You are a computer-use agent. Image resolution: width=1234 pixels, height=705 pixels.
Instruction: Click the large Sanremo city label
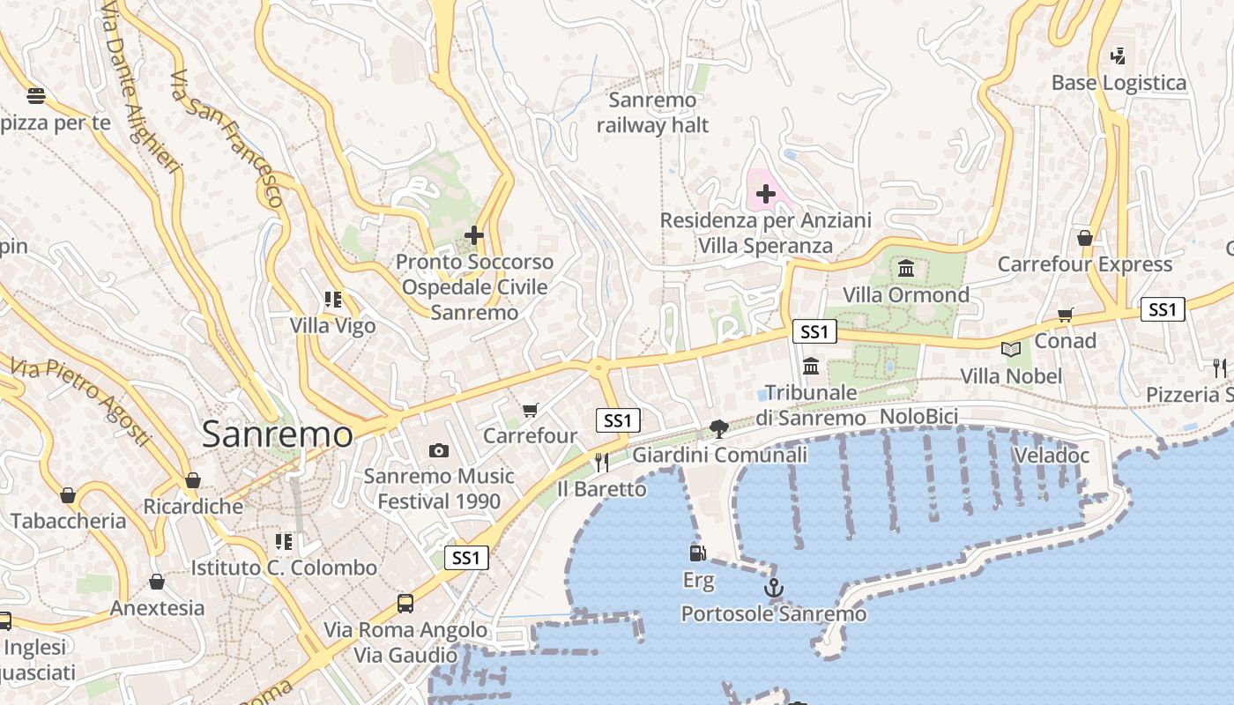pyautogui.click(x=277, y=434)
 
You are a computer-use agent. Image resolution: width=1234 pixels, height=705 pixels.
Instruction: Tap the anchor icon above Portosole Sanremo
pyautogui.click(x=774, y=587)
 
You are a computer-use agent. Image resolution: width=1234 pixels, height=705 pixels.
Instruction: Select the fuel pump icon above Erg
pyautogui.click(x=697, y=553)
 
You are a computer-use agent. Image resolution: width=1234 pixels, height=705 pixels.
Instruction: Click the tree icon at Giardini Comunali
pyautogui.click(x=719, y=429)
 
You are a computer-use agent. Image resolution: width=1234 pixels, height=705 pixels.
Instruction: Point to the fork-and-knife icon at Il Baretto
pyautogui.click(x=602, y=462)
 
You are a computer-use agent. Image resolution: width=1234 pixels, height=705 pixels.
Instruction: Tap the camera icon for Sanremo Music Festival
pyautogui.click(x=438, y=450)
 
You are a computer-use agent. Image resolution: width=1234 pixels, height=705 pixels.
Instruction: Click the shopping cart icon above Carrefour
pyautogui.click(x=530, y=410)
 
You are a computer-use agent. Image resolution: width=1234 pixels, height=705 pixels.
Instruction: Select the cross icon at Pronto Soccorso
pyautogui.click(x=474, y=235)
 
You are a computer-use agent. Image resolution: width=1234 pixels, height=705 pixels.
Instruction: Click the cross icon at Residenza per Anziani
pyautogui.click(x=766, y=193)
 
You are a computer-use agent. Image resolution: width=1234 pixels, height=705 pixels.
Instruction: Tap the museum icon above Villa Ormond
pyautogui.click(x=906, y=268)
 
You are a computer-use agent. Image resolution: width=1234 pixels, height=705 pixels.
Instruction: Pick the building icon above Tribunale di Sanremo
pyautogui.click(x=811, y=366)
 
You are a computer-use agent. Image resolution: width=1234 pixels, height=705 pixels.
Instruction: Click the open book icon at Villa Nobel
pyautogui.click(x=1011, y=350)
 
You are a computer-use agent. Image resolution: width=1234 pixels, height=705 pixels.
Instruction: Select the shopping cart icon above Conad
pyautogui.click(x=1066, y=315)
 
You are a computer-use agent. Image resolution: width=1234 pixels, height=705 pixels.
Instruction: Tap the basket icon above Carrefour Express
pyautogui.click(x=1085, y=238)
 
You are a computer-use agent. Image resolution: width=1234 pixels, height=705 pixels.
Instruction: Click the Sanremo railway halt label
pyautogui.click(x=652, y=113)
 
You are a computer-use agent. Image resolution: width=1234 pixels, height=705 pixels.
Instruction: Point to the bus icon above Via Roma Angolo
pyautogui.click(x=405, y=604)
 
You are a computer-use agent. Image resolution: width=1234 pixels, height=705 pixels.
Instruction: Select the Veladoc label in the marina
pyautogui.click(x=1052, y=456)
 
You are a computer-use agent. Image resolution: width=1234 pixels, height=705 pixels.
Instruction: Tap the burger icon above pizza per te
pyautogui.click(x=36, y=95)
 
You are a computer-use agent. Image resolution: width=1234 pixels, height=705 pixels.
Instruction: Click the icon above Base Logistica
pyautogui.click(x=1119, y=56)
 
